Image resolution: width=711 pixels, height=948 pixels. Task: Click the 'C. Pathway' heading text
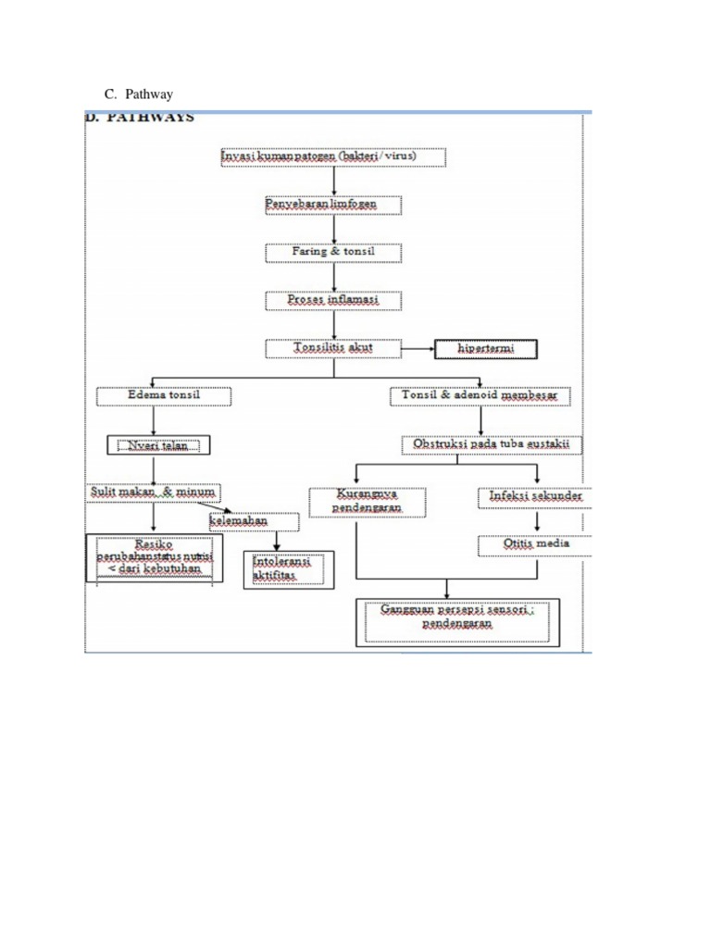tap(138, 94)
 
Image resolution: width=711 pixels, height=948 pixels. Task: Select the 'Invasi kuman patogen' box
tap(333, 157)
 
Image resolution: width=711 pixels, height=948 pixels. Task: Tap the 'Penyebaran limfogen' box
tap(333, 205)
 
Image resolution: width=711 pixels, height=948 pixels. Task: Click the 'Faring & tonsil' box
tap(333, 252)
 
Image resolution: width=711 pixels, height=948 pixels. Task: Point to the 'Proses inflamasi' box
tap(333, 300)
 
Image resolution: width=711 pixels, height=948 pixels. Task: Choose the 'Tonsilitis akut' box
tap(333, 349)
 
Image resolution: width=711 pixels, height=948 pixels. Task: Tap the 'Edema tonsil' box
tap(164, 396)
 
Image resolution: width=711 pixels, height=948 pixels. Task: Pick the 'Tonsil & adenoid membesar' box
tap(480, 396)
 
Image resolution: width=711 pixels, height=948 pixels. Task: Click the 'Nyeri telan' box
tap(158, 445)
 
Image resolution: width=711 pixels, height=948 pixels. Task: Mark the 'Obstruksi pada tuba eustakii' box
tap(492, 445)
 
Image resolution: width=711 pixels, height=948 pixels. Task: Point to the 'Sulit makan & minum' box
tap(155, 493)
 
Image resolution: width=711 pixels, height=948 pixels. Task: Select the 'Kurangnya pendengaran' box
tap(368, 502)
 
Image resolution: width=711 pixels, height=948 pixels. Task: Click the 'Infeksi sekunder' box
tap(536, 496)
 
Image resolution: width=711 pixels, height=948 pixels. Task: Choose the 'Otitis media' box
tap(536, 544)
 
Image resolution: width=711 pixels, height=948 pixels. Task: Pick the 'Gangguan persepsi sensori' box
tap(445, 618)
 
